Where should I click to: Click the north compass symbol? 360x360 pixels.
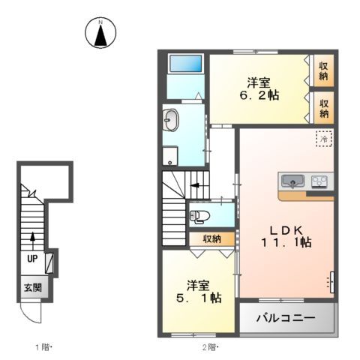(100, 32)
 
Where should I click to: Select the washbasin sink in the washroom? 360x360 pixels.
(170, 119)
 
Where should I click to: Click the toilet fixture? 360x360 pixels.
(199, 217)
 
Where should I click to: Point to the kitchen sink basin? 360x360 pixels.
(292, 181)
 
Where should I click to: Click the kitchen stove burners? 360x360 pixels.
(319, 181)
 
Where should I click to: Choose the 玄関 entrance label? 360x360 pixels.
(31, 287)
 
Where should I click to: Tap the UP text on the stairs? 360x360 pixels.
(32, 257)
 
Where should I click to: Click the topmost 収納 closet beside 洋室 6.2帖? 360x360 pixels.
(323, 70)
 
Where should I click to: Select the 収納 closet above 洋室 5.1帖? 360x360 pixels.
(211, 238)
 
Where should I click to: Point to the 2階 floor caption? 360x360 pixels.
(210, 347)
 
